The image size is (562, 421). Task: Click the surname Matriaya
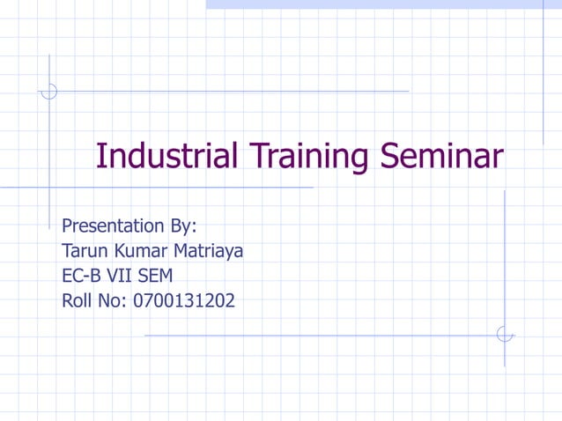(x=208, y=252)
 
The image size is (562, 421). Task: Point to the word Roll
(x=78, y=301)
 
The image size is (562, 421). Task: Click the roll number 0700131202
(x=184, y=301)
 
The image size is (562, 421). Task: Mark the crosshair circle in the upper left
(x=49, y=91)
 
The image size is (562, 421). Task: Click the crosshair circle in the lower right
(x=505, y=335)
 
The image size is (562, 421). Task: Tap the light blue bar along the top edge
(x=383, y=4)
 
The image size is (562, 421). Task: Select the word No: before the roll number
(x=114, y=301)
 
